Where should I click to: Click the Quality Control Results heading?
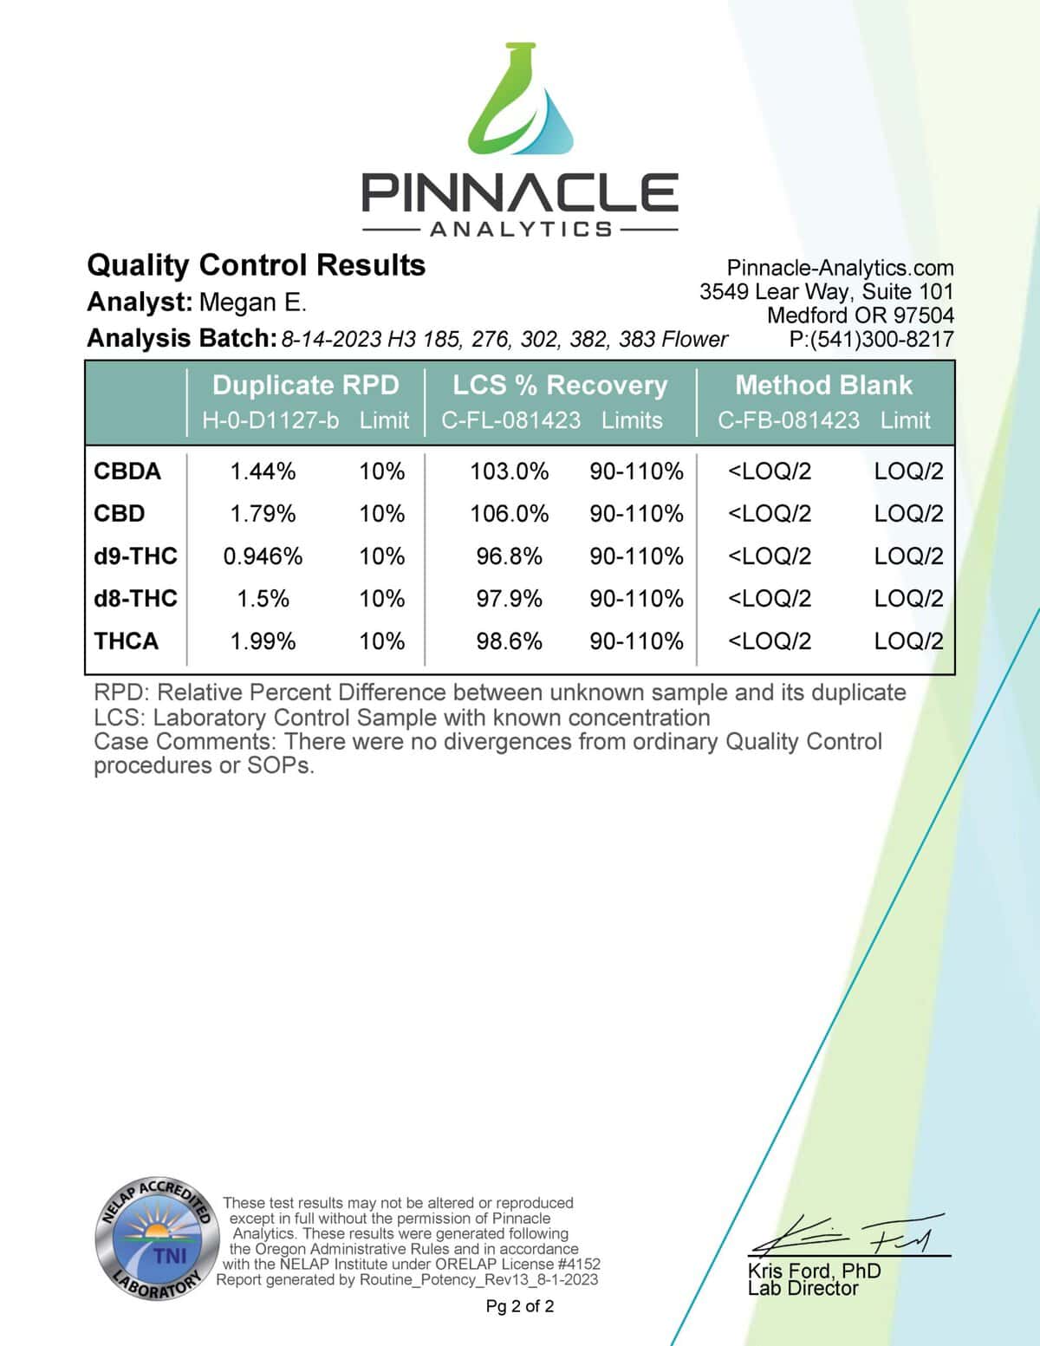(257, 265)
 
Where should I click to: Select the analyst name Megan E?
(253, 302)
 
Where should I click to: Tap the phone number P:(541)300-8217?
(871, 339)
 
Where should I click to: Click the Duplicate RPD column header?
(305, 385)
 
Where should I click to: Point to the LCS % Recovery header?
(560, 385)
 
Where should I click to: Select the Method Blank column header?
(823, 385)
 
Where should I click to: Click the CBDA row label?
(127, 471)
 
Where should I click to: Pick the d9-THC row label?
(135, 556)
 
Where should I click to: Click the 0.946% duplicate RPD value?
(263, 556)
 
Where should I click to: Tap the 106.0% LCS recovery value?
(509, 514)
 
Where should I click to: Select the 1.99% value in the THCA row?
(263, 641)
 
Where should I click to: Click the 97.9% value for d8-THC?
(509, 599)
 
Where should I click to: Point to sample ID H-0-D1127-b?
(270, 420)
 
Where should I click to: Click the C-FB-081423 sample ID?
(789, 420)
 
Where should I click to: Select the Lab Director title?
(803, 1289)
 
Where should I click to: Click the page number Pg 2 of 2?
(520, 1306)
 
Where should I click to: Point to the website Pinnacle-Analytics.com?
(840, 268)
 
